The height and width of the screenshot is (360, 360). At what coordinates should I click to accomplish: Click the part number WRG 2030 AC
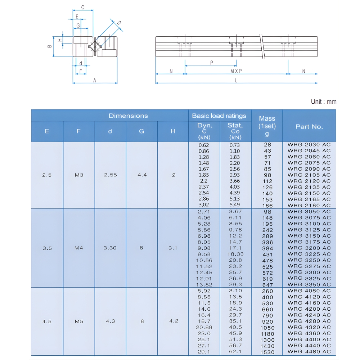(x=309, y=145)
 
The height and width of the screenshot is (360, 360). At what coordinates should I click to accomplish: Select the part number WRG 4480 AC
(x=309, y=352)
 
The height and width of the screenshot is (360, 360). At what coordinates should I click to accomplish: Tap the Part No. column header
(x=309, y=126)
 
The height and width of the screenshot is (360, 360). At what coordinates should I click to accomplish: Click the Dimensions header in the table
(x=128, y=116)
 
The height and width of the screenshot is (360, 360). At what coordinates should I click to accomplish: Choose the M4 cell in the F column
(x=79, y=248)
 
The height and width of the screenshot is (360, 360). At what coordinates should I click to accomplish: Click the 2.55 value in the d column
(x=110, y=175)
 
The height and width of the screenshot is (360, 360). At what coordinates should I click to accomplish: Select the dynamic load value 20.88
(x=204, y=327)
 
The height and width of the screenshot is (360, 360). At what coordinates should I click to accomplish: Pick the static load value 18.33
(x=235, y=254)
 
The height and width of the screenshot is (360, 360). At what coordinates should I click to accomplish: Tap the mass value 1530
(x=267, y=352)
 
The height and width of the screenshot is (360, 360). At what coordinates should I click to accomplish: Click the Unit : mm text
(x=323, y=102)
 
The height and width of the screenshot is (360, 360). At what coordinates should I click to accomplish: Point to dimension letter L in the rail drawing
(x=236, y=81)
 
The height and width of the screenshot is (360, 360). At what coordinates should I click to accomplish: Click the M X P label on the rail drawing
(x=236, y=71)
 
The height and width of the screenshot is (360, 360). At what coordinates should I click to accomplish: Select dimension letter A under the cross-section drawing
(x=95, y=81)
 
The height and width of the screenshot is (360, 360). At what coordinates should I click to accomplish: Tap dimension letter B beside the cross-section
(x=50, y=46)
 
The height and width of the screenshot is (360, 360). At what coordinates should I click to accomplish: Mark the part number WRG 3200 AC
(x=309, y=248)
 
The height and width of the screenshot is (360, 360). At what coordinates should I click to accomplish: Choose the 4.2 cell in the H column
(x=174, y=321)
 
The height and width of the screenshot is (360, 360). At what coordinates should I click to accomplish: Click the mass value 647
(x=267, y=285)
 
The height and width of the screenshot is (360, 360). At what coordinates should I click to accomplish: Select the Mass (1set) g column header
(x=267, y=126)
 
